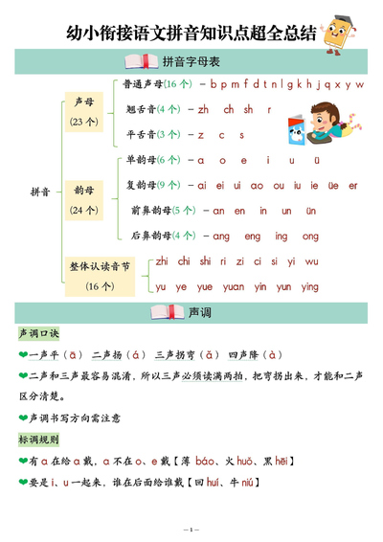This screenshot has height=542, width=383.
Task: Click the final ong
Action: tap(310, 236)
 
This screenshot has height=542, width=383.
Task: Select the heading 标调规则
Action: tap(38, 440)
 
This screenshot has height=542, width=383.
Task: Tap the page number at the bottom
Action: tap(191, 530)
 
